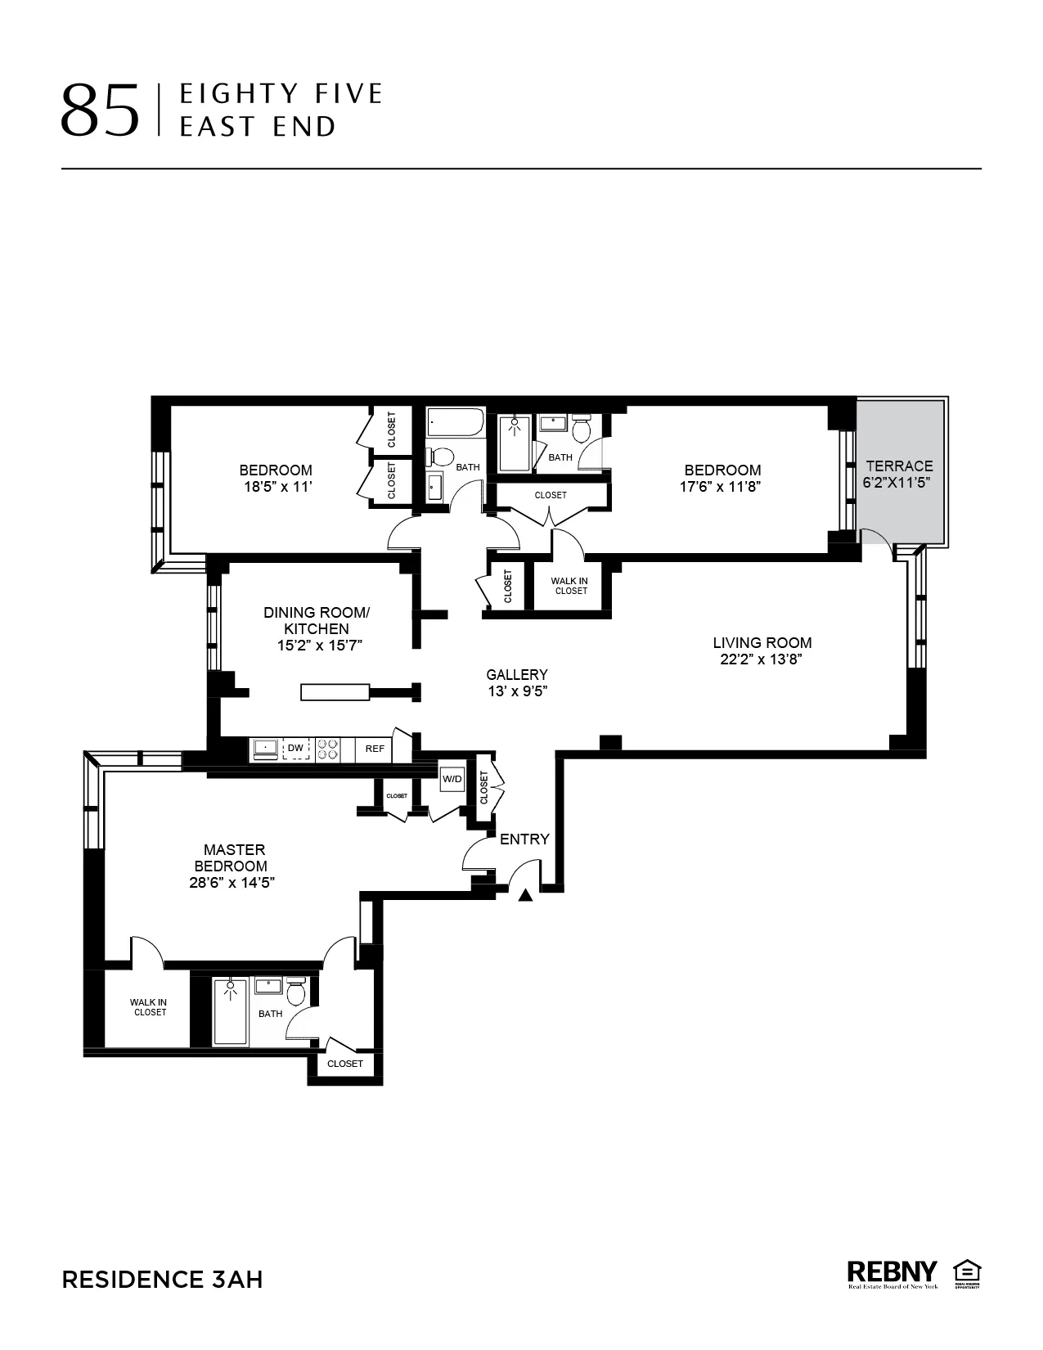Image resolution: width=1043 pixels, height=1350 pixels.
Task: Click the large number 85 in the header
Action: point(100,110)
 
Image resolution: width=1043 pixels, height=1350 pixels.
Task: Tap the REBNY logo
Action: point(892,1273)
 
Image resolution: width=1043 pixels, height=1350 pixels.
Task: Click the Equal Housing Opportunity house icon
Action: point(967,1272)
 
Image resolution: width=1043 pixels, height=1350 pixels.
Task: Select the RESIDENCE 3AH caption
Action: point(162,1280)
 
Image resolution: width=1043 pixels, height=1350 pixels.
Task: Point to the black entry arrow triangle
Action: point(526,895)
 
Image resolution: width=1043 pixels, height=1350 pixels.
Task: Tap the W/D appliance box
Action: point(452,779)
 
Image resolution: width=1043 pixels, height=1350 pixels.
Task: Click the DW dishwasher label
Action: point(295,749)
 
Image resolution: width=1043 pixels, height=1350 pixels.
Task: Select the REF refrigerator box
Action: point(375,749)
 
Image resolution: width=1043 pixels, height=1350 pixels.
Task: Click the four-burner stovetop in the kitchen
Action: point(328,749)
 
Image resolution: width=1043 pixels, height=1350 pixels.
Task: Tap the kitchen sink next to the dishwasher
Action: point(266,749)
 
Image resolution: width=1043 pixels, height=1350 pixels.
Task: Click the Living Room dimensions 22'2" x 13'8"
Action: point(761,659)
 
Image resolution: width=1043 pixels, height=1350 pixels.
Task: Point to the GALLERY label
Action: point(516,674)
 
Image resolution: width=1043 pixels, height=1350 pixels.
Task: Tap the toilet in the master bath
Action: point(296,993)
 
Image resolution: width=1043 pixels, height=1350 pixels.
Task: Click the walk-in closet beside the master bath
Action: point(148,1007)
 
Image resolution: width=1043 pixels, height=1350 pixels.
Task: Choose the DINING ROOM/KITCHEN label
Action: point(317,620)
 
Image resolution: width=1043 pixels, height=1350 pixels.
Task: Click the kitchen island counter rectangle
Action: point(335,692)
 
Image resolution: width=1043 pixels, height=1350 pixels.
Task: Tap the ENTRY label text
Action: point(524,839)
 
